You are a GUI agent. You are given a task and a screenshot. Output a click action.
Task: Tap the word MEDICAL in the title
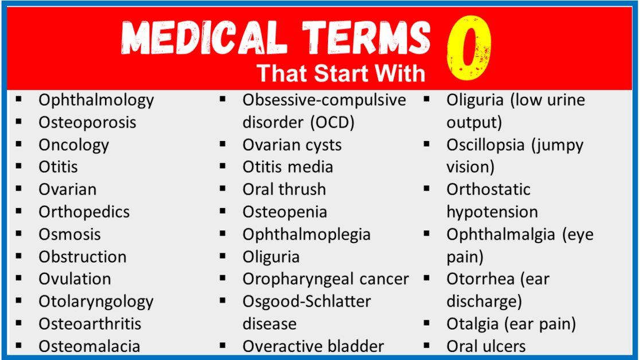click(204, 39)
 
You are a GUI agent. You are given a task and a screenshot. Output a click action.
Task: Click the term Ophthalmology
click(96, 100)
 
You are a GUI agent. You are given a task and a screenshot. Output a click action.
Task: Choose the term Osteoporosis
click(87, 122)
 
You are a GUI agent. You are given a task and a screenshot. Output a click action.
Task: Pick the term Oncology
click(73, 144)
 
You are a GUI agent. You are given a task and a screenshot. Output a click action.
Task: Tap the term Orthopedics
click(84, 212)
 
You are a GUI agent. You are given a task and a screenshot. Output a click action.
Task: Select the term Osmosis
click(69, 234)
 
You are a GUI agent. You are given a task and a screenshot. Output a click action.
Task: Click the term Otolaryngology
click(96, 301)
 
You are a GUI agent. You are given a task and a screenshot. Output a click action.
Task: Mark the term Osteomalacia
click(89, 346)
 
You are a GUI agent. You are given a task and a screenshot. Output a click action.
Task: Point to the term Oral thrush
click(284, 189)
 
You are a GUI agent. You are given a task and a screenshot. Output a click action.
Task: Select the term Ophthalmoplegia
click(306, 234)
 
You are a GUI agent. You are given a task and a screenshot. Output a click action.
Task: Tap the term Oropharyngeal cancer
click(325, 279)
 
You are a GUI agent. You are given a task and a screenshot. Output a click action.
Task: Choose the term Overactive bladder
click(313, 346)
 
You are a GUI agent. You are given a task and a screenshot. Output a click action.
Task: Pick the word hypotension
click(492, 212)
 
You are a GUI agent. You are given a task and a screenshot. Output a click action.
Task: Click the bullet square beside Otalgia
click(427, 323)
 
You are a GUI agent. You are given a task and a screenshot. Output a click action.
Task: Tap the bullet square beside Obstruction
click(19, 256)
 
